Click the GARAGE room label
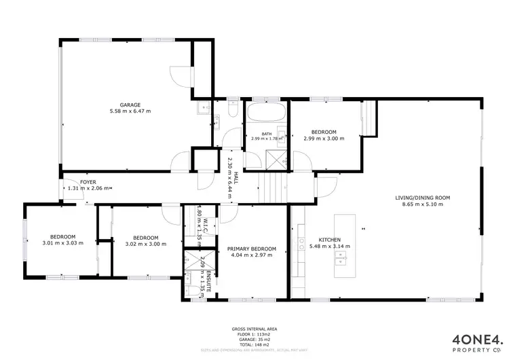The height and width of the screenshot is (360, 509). point(130,105)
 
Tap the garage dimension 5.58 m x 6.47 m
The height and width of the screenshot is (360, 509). point(130,111)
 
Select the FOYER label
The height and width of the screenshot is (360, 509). point(88,182)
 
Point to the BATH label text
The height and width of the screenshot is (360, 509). point(267,134)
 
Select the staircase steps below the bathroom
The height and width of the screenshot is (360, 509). point(271,185)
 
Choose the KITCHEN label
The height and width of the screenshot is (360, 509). point(324,239)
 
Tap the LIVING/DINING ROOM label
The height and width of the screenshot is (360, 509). point(423,198)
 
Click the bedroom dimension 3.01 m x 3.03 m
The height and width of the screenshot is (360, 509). point(62,242)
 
